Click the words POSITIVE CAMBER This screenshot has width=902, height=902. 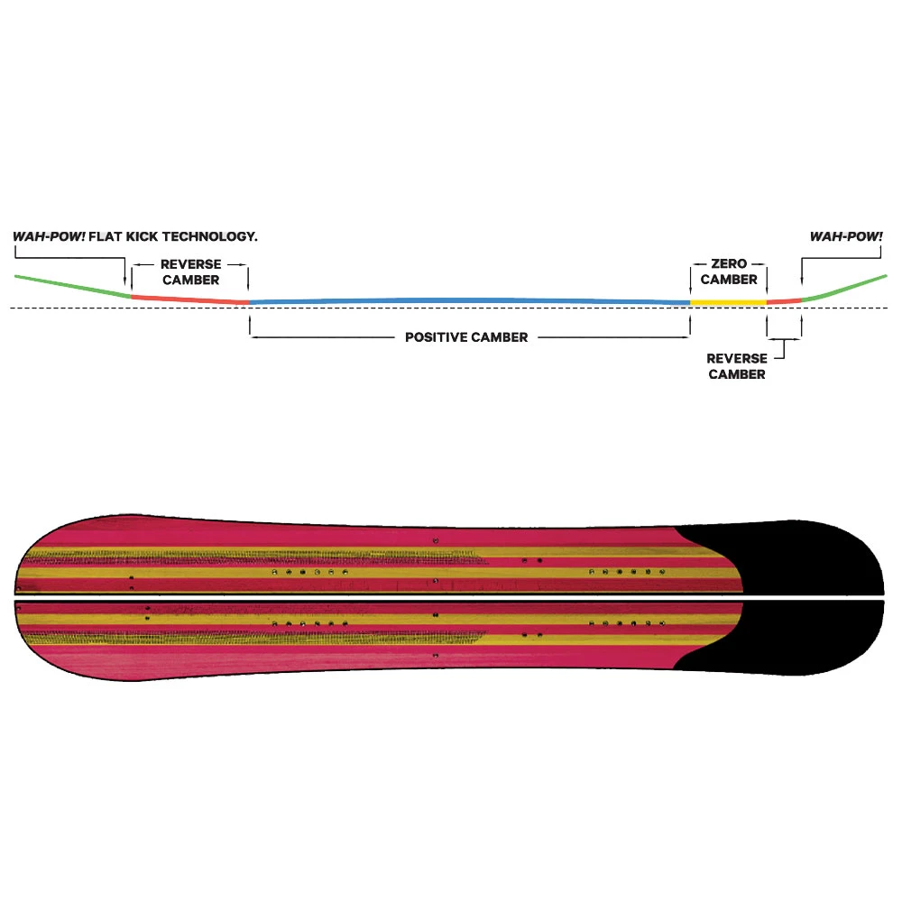point(466,337)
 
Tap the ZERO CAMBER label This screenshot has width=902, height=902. point(729,272)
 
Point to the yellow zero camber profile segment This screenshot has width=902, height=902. point(728,301)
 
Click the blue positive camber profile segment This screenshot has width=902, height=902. point(469,299)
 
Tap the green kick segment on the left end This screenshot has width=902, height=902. point(72,284)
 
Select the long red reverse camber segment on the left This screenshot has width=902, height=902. point(189,299)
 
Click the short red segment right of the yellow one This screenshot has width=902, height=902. point(784,300)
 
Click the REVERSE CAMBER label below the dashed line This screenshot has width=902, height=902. point(737,366)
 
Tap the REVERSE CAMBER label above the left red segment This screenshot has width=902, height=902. point(189,272)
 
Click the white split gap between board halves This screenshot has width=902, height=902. point(451,596)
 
